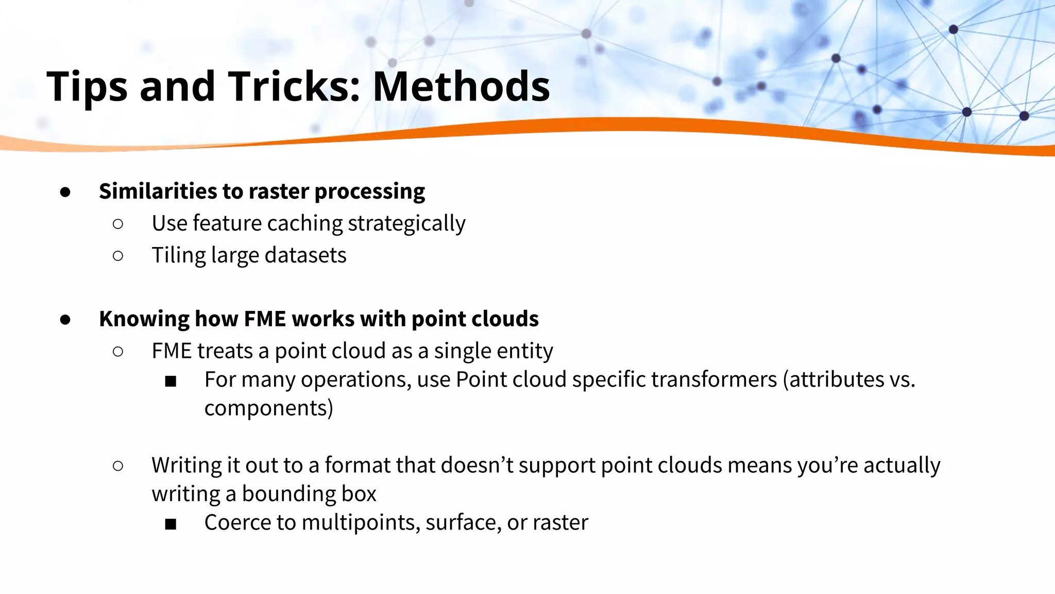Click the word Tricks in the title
[294, 86]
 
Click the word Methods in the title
[461, 86]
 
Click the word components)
[268, 408]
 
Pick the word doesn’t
[477, 465]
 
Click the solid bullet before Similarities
[65, 192]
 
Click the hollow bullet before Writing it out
[117, 466]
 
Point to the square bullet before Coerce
[171, 524]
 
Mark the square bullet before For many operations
[171, 382]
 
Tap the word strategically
[406, 223]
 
